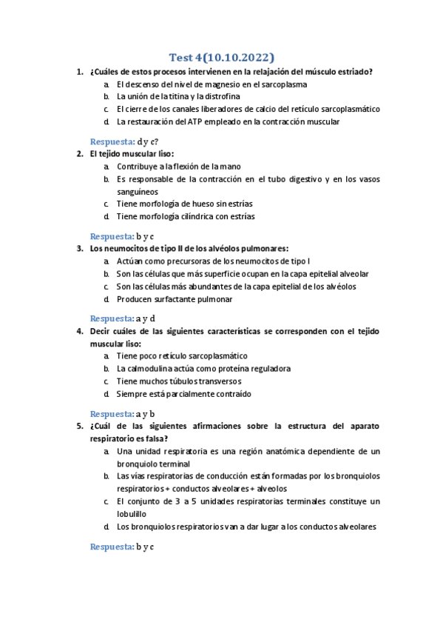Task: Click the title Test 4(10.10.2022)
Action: (222, 57)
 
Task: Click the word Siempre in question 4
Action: (132, 393)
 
